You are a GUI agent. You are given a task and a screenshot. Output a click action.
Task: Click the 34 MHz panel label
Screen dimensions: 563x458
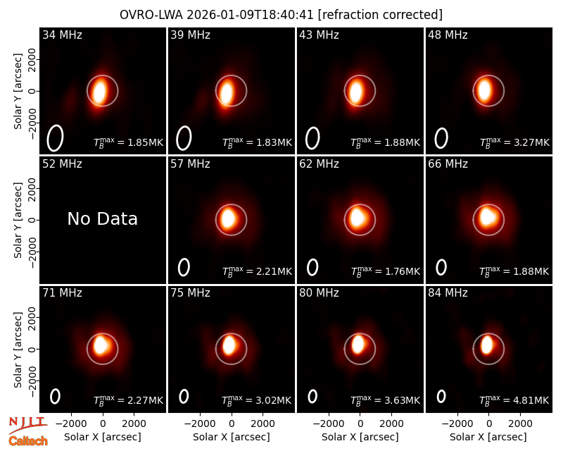[62, 35]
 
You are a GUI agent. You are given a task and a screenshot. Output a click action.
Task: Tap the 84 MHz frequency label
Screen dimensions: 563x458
[448, 293]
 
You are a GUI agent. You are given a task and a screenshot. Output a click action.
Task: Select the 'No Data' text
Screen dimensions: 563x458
[102, 219]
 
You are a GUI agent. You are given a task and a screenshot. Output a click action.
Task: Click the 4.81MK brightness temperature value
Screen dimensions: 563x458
[527, 400]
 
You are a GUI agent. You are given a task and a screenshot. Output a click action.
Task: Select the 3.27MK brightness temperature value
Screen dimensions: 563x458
[527, 142]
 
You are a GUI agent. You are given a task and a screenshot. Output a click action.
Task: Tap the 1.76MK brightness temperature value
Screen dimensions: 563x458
[398, 271]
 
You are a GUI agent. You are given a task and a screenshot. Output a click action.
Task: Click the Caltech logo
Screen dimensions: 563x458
[28, 441]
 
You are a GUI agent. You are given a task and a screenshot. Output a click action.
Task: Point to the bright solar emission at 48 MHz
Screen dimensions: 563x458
[484, 90]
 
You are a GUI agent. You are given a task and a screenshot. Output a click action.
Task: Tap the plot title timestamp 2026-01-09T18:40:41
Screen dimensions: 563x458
[251, 15]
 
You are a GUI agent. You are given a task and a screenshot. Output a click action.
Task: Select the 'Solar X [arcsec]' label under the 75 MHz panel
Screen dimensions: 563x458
[232, 437]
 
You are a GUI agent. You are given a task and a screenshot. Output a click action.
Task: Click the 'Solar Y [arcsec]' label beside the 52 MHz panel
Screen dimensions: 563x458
[18, 220]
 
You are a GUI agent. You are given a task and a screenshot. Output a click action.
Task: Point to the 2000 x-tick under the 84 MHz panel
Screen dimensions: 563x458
[520, 423]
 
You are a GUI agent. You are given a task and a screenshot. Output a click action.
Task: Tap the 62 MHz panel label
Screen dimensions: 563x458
[319, 164]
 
